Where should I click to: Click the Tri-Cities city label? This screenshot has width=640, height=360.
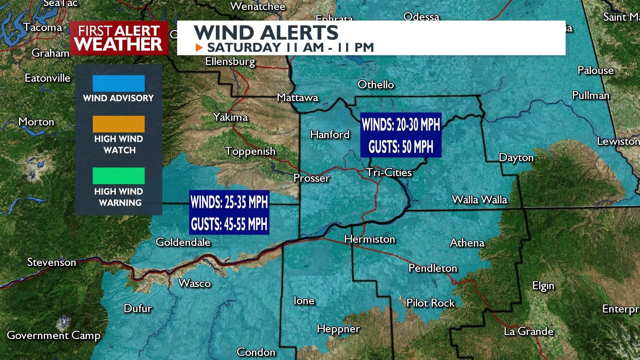tap(389, 172)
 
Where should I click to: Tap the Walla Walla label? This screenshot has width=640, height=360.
tap(479, 200)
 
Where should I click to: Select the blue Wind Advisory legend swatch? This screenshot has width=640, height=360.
tap(118, 83)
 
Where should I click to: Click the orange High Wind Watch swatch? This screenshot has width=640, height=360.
tap(118, 124)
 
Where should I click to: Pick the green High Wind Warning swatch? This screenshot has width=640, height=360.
tap(118, 176)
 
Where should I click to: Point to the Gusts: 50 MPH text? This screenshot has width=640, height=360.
tap(401, 146)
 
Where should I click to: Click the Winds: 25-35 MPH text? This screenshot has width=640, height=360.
tap(229, 202)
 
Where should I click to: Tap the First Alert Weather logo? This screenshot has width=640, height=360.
tap(118, 38)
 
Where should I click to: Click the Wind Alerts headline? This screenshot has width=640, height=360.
tap(266, 33)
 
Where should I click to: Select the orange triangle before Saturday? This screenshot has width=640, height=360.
tap(199, 48)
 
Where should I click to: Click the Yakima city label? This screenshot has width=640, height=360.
tap(230, 117)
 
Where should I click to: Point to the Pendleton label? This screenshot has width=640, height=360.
tap(433, 268)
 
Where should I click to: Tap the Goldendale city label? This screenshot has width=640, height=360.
tap(183, 242)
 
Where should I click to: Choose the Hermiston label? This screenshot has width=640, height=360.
tap(370, 239)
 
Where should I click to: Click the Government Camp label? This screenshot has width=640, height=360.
tap(53, 335)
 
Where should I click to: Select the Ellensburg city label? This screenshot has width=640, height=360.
tap(230, 61)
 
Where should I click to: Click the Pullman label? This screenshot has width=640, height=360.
tap(590, 95)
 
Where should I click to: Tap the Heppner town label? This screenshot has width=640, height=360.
tap(338, 329)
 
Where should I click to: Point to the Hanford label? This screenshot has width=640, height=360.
tap(330, 134)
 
